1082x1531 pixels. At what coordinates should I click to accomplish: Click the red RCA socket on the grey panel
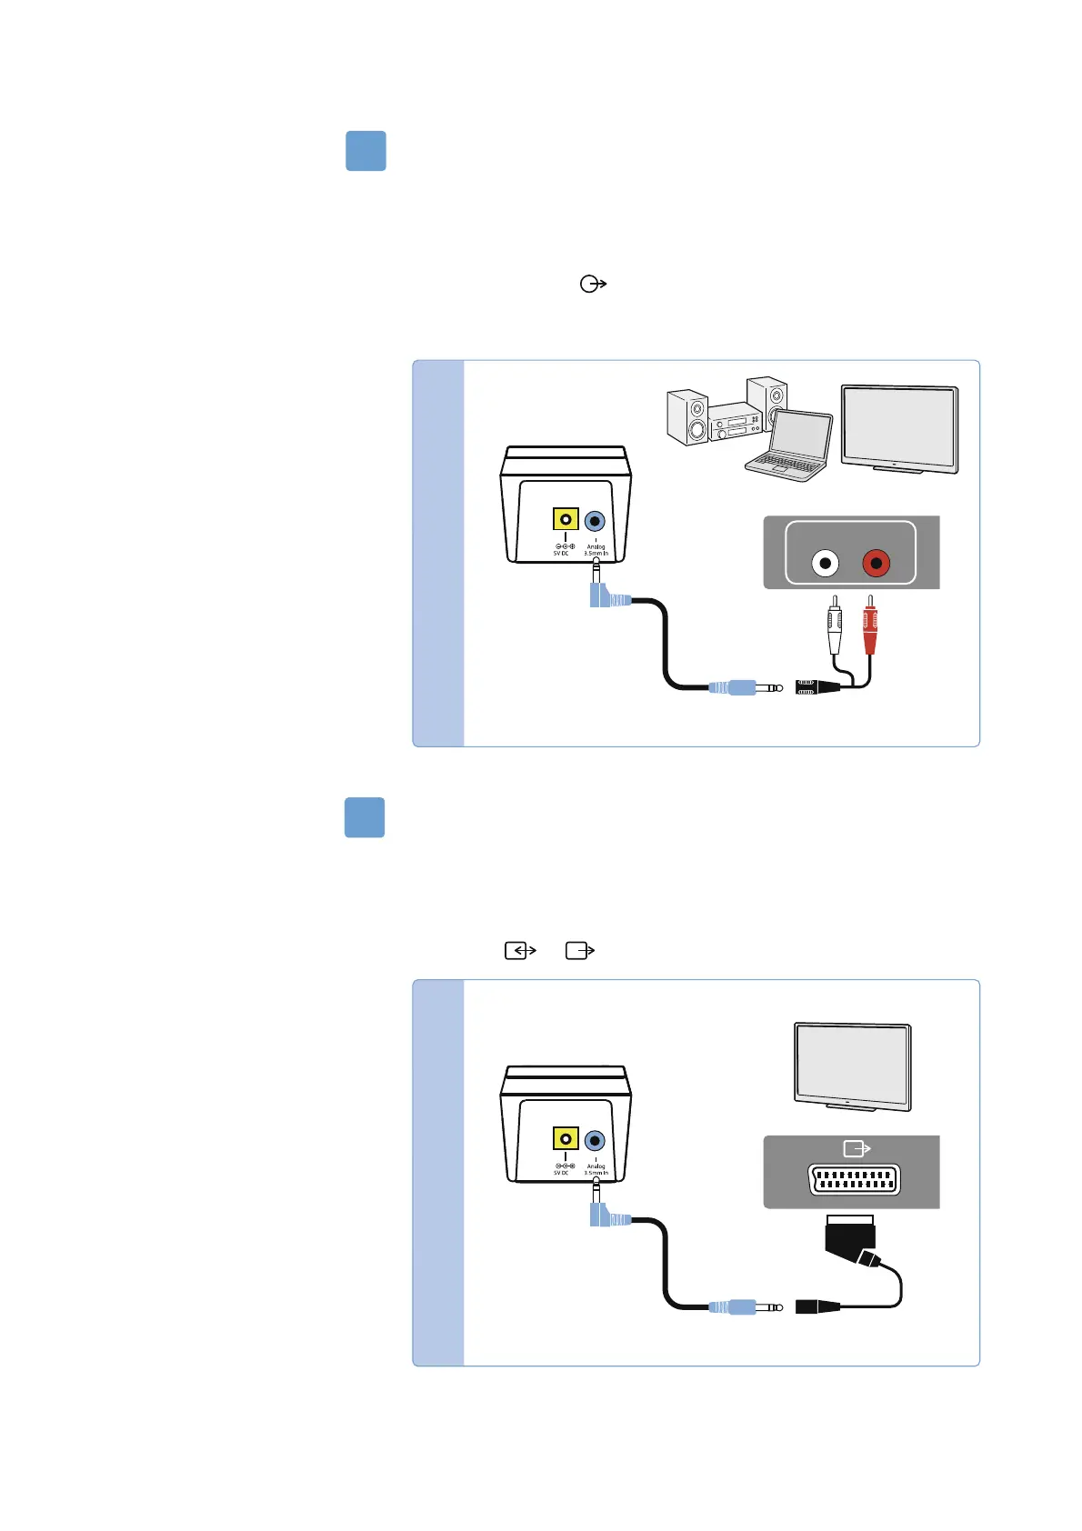[x=876, y=564]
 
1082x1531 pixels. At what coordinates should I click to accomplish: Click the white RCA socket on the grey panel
[x=825, y=564]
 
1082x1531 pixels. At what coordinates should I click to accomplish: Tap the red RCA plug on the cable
[x=870, y=627]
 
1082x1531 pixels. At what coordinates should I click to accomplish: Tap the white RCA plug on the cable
[x=835, y=627]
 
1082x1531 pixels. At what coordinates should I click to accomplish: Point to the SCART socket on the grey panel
[x=854, y=1180]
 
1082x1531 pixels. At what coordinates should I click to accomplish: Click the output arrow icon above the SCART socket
[x=857, y=1149]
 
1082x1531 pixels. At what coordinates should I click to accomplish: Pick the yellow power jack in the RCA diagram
[x=566, y=519]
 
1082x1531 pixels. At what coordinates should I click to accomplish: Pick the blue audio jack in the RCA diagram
[x=595, y=521]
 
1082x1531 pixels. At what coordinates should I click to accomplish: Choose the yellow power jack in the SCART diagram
[x=566, y=1139]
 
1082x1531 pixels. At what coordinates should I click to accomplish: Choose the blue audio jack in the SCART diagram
[x=595, y=1140]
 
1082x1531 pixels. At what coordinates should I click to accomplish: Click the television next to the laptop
[x=899, y=428]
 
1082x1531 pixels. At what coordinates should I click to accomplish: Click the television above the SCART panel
[x=852, y=1066]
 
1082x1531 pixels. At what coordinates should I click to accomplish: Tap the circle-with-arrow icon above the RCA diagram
[x=593, y=284]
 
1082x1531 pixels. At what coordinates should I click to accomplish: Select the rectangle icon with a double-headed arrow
[x=520, y=950]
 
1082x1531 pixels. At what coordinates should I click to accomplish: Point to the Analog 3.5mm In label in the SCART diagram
[x=596, y=1169]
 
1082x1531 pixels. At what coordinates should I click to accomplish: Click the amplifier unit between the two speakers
[x=735, y=425]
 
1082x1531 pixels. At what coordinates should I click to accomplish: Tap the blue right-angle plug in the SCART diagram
[x=607, y=1216]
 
